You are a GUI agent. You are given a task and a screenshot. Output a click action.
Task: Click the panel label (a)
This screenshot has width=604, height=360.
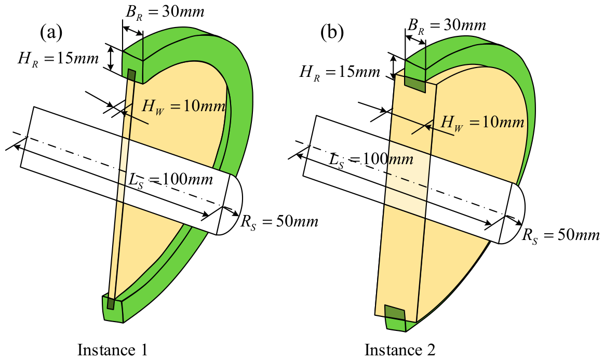[x=51, y=34]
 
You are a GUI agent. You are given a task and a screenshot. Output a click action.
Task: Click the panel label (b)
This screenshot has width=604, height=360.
[x=332, y=34]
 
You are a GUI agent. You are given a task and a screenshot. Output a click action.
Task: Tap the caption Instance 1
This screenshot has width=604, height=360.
[x=113, y=350]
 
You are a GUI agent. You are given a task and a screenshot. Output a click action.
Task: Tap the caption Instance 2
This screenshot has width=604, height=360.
[x=400, y=350]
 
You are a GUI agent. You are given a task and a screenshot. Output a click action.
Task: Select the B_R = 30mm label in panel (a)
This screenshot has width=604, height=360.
[x=165, y=12]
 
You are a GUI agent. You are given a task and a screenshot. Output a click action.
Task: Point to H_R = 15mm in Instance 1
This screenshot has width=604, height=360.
[x=58, y=59]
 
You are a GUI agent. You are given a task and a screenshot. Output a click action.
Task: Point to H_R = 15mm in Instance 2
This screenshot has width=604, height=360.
[x=340, y=72]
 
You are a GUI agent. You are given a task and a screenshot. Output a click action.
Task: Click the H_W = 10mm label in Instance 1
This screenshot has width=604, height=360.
[x=183, y=106]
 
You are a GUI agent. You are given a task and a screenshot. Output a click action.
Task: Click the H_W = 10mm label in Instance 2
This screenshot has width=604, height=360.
[x=482, y=123]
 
